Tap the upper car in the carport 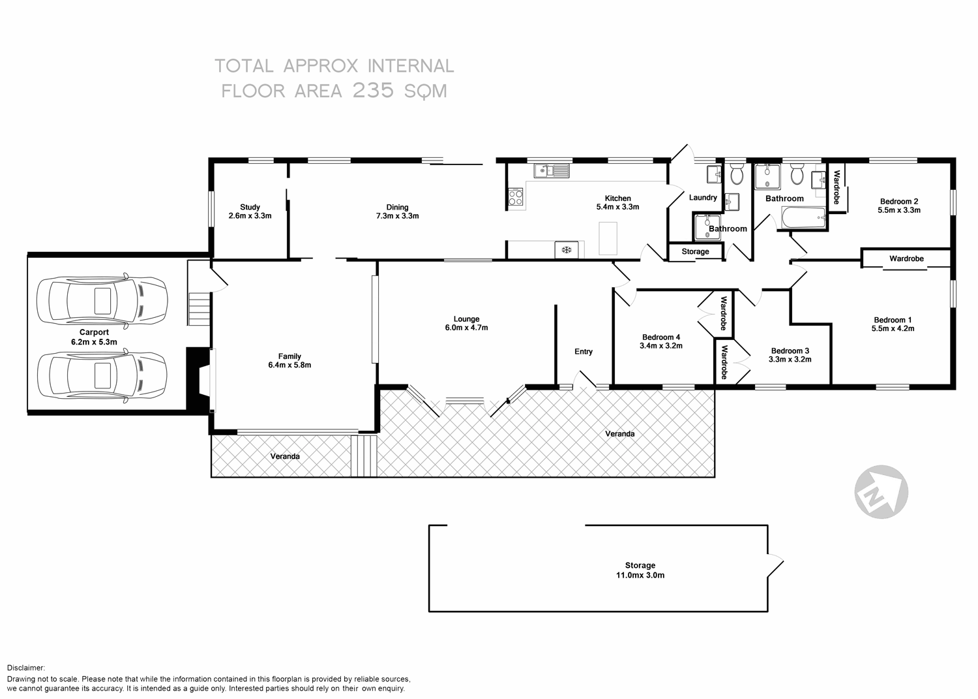click(x=102, y=301)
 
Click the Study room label click(x=250, y=208)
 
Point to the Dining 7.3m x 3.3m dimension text click(x=397, y=216)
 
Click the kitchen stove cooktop click(x=515, y=196)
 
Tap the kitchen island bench click(x=608, y=238)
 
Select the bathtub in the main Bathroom click(x=803, y=219)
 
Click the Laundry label click(x=703, y=197)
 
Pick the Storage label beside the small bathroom click(x=695, y=252)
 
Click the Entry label click(x=584, y=352)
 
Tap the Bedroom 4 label click(x=661, y=337)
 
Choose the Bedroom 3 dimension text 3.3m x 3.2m click(x=790, y=360)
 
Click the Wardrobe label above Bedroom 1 click(x=906, y=258)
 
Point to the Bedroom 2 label click(x=899, y=202)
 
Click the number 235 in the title click(x=373, y=91)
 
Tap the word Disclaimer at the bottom click(x=26, y=668)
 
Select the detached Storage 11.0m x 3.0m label click(x=640, y=570)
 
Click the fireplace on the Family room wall click(x=201, y=381)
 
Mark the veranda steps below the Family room click(x=364, y=456)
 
